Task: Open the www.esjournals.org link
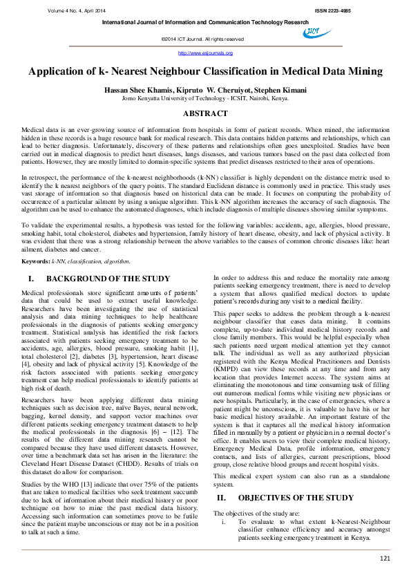pos(205,53)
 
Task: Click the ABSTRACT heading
pos(205,113)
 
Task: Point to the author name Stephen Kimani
pos(280,90)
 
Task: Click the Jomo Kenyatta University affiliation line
pos(205,98)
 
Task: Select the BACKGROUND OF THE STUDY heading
pos(104,298)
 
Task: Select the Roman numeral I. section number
pos(31,298)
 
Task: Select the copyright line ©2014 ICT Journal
pos(202,39)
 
